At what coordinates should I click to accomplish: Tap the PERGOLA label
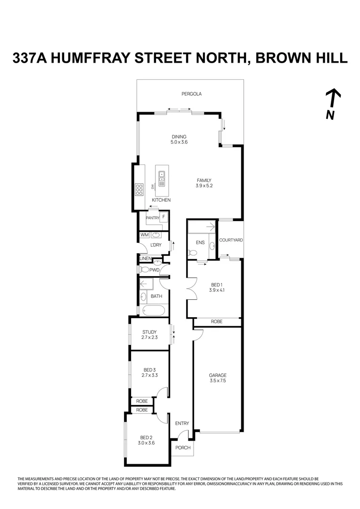pyautogui.click(x=191, y=94)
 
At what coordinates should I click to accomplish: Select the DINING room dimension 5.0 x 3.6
pyautogui.click(x=179, y=142)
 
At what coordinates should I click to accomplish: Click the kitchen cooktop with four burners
pyautogui.click(x=139, y=189)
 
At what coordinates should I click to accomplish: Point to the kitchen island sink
pyautogui.click(x=162, y=175)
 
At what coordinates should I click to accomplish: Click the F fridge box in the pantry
pyautogui.click(x=164, y=217)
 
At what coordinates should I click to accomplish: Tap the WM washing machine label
pyautogui.click(x=144, y=234)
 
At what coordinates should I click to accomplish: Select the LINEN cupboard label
pyautogui.click(x=145, y=259)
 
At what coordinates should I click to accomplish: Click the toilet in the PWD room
pyautogui.click(x=143, y=270)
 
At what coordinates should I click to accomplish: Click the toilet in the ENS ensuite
pyautogui.click(x=193, y=253)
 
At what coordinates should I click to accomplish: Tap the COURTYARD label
pyautogui.click(x=231, y=240)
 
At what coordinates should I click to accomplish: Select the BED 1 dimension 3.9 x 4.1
pyautogui.click(x=216, y=290)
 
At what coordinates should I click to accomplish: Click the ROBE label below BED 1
pyautogui.click(x=216, y=321)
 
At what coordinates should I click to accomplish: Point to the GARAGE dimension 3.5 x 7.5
pyautogui.click(x=218, y=380)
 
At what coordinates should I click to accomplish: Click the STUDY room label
pyautogui.click(x=149, y=332)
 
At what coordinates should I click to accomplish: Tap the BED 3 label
pyautogui.click(x=149, y=370)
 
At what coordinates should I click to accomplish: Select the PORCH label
pyautogui.click(x=183, y=447)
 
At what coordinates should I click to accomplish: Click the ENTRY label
pyautogui.click(x=182, y=423)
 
